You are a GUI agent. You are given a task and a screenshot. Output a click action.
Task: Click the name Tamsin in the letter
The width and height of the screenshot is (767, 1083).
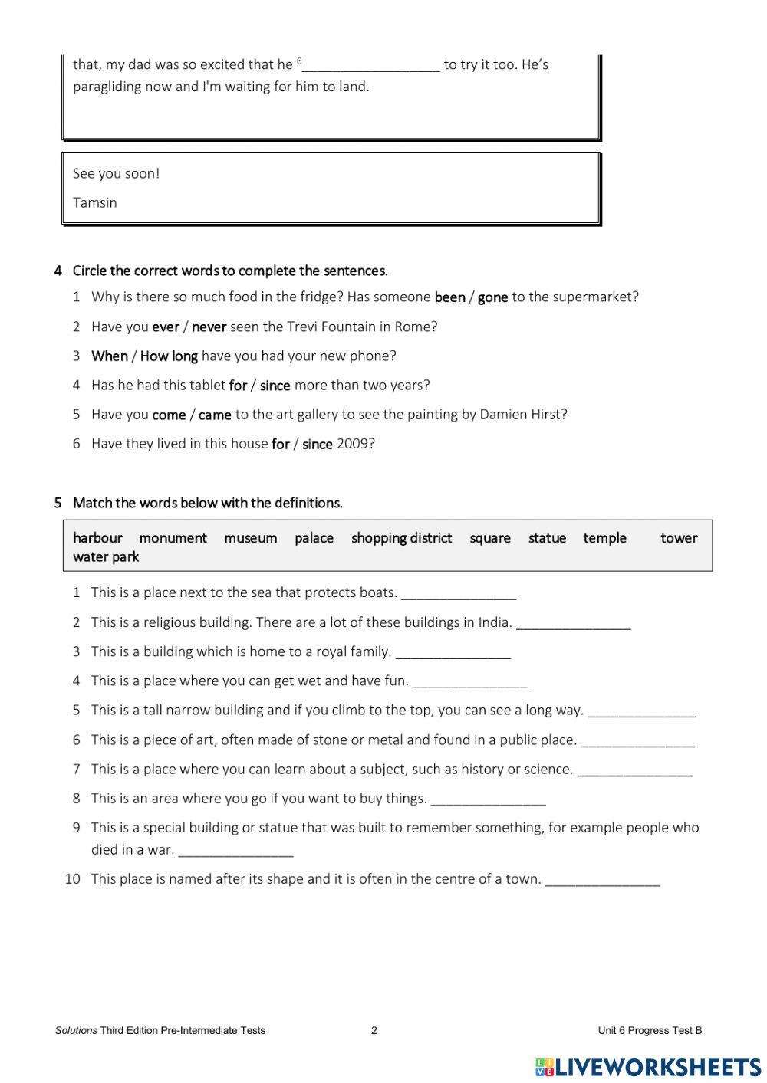[x=95, y=203]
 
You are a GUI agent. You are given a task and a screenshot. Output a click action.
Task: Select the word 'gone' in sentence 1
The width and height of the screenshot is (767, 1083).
[x=492, y=297]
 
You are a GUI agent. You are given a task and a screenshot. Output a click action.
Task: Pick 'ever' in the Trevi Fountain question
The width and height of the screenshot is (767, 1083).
[x=166, y=327]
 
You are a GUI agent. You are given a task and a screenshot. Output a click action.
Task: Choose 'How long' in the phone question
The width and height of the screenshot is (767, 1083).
[x=169, y=356]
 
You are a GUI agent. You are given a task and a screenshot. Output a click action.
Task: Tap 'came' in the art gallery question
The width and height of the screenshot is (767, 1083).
[x=215, y=415]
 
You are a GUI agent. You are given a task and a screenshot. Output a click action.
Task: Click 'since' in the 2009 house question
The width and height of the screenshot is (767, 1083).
[x=317, y=444]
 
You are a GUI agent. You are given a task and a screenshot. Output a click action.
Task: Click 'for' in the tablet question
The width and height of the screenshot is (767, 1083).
[x=238, y=386]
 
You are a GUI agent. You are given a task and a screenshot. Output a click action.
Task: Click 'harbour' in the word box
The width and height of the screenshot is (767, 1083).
[x=97, y=538]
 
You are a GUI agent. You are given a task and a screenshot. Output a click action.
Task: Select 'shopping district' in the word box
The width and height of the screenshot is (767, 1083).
[x=401, y=538]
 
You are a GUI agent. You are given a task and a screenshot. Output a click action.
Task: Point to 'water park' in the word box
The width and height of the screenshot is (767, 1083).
[x=106, y=557]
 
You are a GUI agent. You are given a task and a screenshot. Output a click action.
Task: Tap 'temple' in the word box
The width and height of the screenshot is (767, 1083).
[x=604, y=538]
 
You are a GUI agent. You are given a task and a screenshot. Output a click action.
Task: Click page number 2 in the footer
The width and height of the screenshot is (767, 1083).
[x=374, y=1030]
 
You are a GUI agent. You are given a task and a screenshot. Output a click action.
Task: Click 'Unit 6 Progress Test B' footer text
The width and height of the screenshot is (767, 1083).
[x=650, y=1030]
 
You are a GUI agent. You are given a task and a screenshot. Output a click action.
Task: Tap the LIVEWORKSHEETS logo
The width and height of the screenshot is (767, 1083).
[x=648, y=1066]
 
